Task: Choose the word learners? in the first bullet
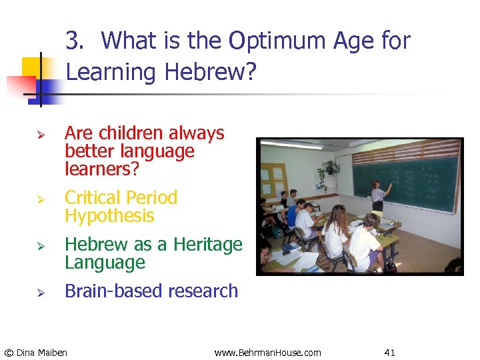click(102, 169)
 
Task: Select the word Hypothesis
click(109, 216)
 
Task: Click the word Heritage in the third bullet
click(208, 245)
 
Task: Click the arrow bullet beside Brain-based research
click(41, 292)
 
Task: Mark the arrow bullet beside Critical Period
click(41, 199)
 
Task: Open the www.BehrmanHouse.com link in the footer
click(267, 352)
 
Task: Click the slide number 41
click(390, 352)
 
